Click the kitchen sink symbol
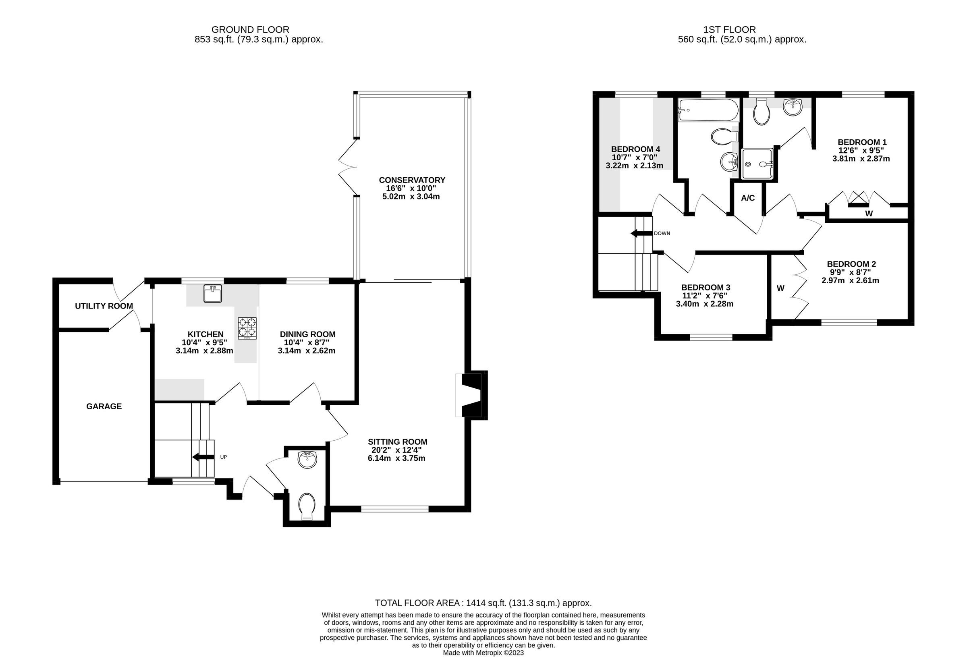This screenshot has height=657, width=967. pyautogui.click(x=213, y=293)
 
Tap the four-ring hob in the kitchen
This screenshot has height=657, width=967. pyautogui.click(x=247, y=328)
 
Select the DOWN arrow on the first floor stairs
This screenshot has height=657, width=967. pyautogui.click(x=641, y=233)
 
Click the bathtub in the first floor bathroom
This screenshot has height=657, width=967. pyautogui.click(x=708, y=110)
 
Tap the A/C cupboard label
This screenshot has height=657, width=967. pyautogui.click(x=748, y=198)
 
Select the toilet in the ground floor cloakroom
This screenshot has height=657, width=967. pyautogui.click(x=307, y=506)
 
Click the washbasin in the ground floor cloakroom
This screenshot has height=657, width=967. pyautogui.click(x=307, y=460)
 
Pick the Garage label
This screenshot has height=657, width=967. pyautogui.click(x=104, y=406)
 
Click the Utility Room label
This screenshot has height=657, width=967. pyautogui.click(x=104, y=306)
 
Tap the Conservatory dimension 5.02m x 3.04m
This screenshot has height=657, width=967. pyautogui.click(x=411, y=197)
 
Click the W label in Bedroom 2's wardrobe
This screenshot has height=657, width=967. pyautogui.click(x=780, y=288)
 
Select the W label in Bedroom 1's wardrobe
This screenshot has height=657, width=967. pyautogui.click(x=869, y=214)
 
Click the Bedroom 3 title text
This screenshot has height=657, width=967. pyautogui.click(x=706, y=288)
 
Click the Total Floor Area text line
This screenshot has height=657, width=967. pyautogui.click(x=483, y=603)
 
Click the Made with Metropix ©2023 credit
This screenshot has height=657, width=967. pyautogui.click(x=483, y=653)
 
